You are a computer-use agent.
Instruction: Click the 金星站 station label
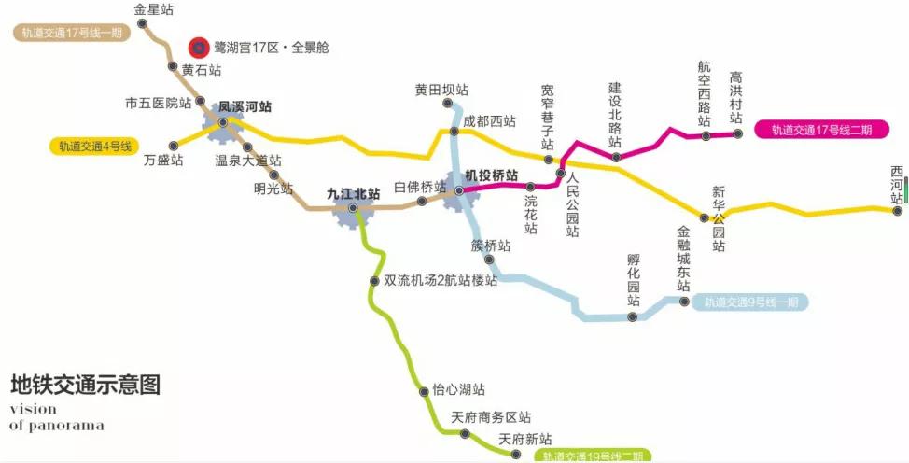point(154,9)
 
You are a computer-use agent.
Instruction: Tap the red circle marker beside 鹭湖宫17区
point(198,47)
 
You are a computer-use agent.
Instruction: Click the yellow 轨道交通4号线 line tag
point(95,147)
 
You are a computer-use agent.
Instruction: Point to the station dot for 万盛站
point(174,145)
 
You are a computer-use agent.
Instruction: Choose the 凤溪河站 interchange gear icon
point(223,122)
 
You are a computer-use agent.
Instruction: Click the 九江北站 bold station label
point(354,194)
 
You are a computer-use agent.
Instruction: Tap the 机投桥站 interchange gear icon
point(459,190)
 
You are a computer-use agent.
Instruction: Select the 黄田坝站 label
point(441,91)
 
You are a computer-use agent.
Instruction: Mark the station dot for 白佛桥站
point(422,200)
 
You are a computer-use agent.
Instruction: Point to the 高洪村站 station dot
point(737,134)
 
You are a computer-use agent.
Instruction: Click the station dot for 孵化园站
point(633,316)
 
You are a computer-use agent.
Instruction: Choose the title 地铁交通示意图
point(86,384)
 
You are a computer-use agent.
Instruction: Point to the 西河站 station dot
point(897,211)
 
